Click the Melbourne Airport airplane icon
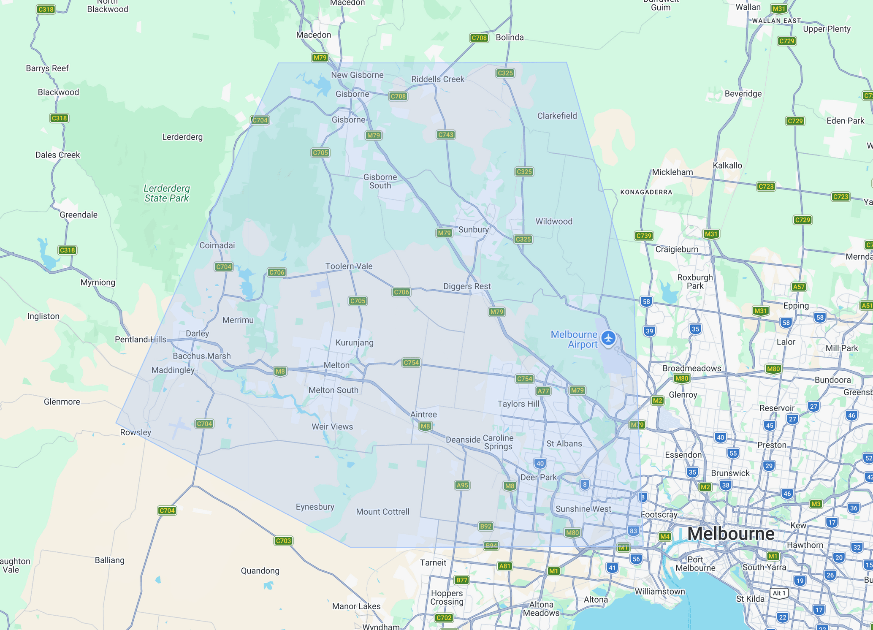[x=608, y=338]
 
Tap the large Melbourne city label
[x=730, y=533]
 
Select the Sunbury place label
[x=473, y=229]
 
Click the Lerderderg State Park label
[x=166, y=193]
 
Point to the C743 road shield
[x=445, y=135]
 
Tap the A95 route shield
[x=462, y=485]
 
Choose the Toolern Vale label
[x=349, y=266]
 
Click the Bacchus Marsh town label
[x=201, y=356]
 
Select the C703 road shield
[x=283, y=540]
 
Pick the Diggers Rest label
[x=467, y=286]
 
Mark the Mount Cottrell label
[x=382, y=511]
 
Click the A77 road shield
[x=543, y=391]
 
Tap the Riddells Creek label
[x=437, y=79]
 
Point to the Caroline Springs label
[x=498, y=442]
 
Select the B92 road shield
[x=485, y=526]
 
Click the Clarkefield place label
[x=556, y=116]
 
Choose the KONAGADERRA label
[x=646, y=192]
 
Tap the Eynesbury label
[x=315, y=507]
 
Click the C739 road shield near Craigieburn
[x=643, y=236]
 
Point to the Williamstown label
[x=659, y=591]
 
